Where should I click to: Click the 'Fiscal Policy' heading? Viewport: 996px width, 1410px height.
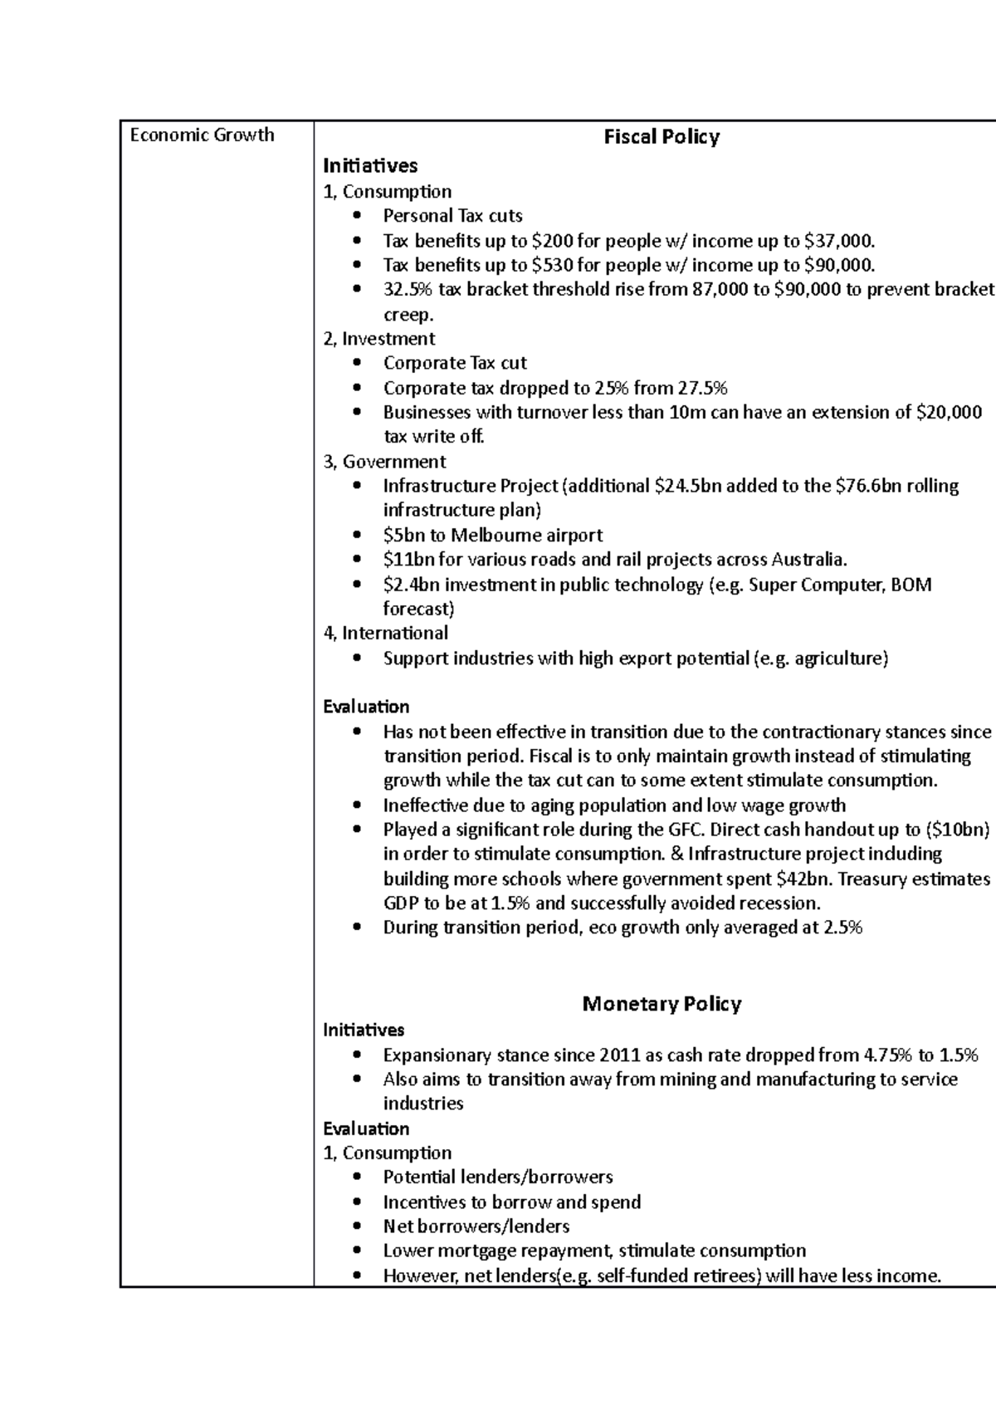(x=662, y=137)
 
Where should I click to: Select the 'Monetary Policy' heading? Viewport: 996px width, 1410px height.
(x=662, y=1004)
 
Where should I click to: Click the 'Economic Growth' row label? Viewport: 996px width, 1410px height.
(x=202, y=135)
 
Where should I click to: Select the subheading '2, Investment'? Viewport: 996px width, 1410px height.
(x=378, y=339)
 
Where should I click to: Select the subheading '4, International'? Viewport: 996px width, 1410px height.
(x=385, y=634)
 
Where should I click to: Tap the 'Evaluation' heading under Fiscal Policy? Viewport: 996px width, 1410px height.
(x=366, y=707)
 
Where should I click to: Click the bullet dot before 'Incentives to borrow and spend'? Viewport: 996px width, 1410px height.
(x=357, y=1202)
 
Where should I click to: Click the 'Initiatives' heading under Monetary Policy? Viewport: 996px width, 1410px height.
(x=364, y=1031)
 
